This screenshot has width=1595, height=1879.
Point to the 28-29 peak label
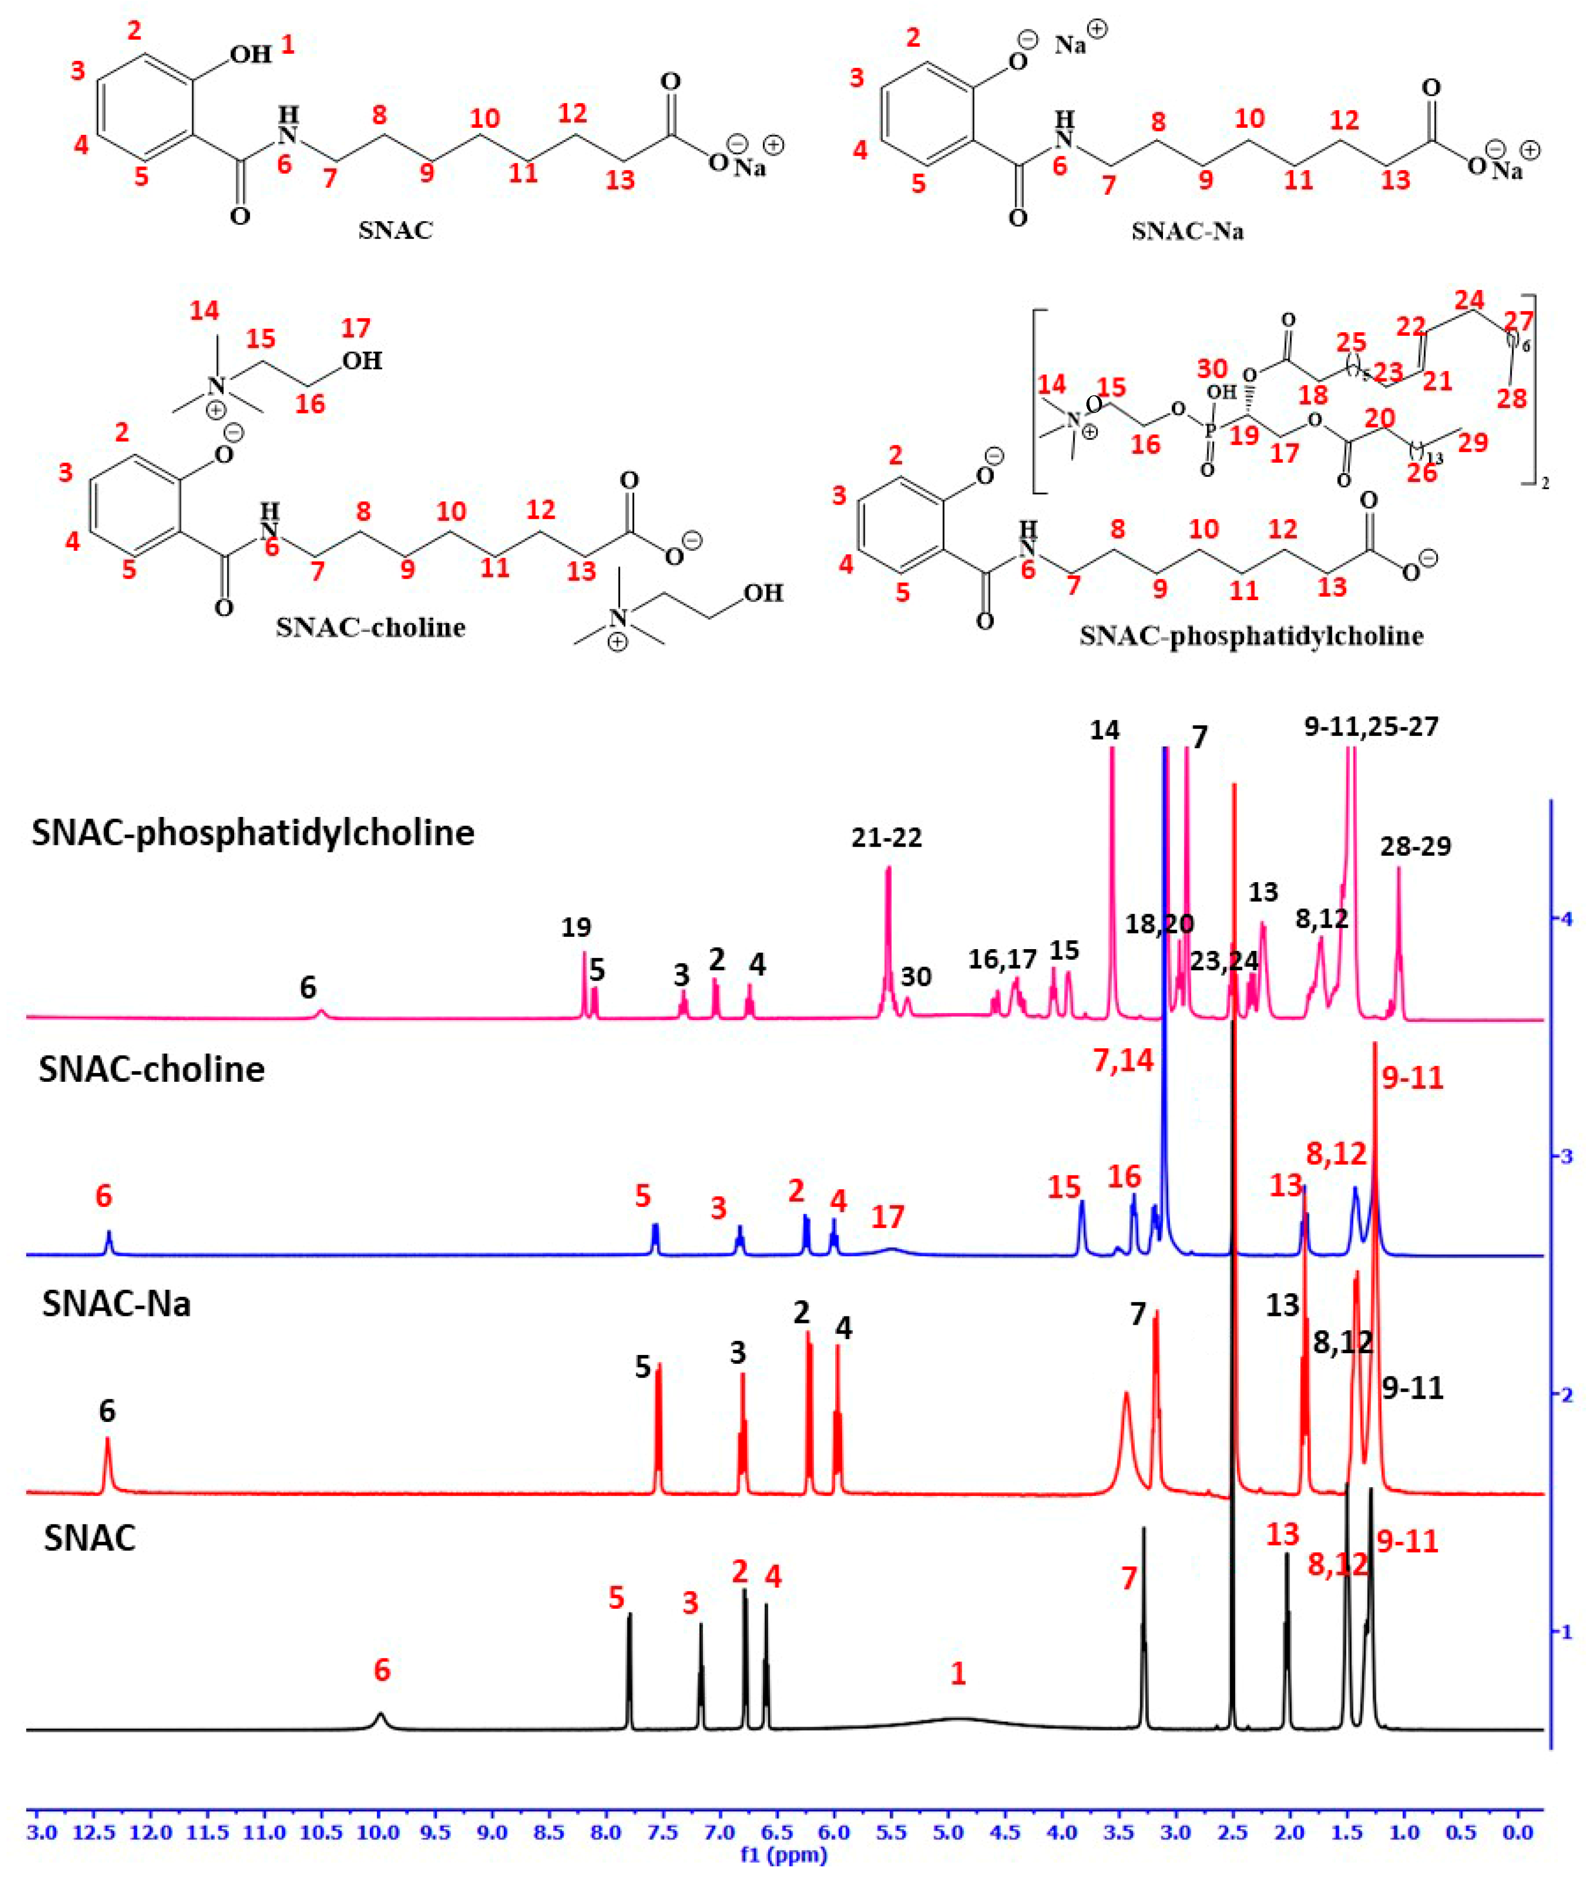coord(1415,846)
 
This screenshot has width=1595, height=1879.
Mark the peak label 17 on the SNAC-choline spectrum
coord(888,1216)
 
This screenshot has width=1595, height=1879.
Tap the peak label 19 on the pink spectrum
coord(576,927)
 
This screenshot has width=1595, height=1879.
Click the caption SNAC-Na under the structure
coord(1187,232)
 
